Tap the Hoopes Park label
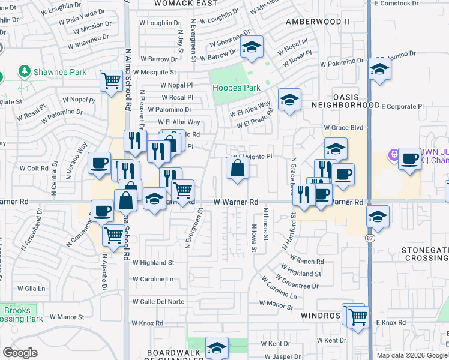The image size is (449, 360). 237,88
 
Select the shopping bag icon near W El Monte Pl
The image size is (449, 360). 238,169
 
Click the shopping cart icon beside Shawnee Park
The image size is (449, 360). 112,80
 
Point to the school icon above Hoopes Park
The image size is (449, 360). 252,47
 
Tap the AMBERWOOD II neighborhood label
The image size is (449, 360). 318,22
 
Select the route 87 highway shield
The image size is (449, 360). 372,239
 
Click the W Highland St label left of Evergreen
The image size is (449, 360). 153,262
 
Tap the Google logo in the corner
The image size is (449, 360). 20,353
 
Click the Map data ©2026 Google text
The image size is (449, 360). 412,355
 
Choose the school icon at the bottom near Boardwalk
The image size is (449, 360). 217,347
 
